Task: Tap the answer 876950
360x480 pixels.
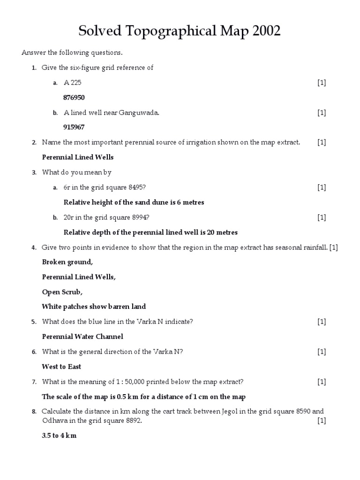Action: click(x=74, y=97)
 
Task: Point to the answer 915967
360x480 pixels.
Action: click(x=74, y=127)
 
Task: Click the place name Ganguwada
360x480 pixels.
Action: click(x=135, y=112)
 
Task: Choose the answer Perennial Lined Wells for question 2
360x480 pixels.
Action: click(x=78, y=157)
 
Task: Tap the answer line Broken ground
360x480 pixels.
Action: click(x=67, y=262)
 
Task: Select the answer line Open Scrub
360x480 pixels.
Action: click(x=62, y=292)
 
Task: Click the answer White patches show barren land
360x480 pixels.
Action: click(x=94, y=307)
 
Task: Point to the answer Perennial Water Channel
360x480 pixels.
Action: click(x=82, y=337)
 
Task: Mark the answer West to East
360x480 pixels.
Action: click(x=62, y=367)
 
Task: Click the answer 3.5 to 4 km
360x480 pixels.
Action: click(x=59, y=435)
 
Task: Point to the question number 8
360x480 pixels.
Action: click(x=34, y=412)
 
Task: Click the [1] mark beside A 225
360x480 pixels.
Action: click(x=322, y=83)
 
